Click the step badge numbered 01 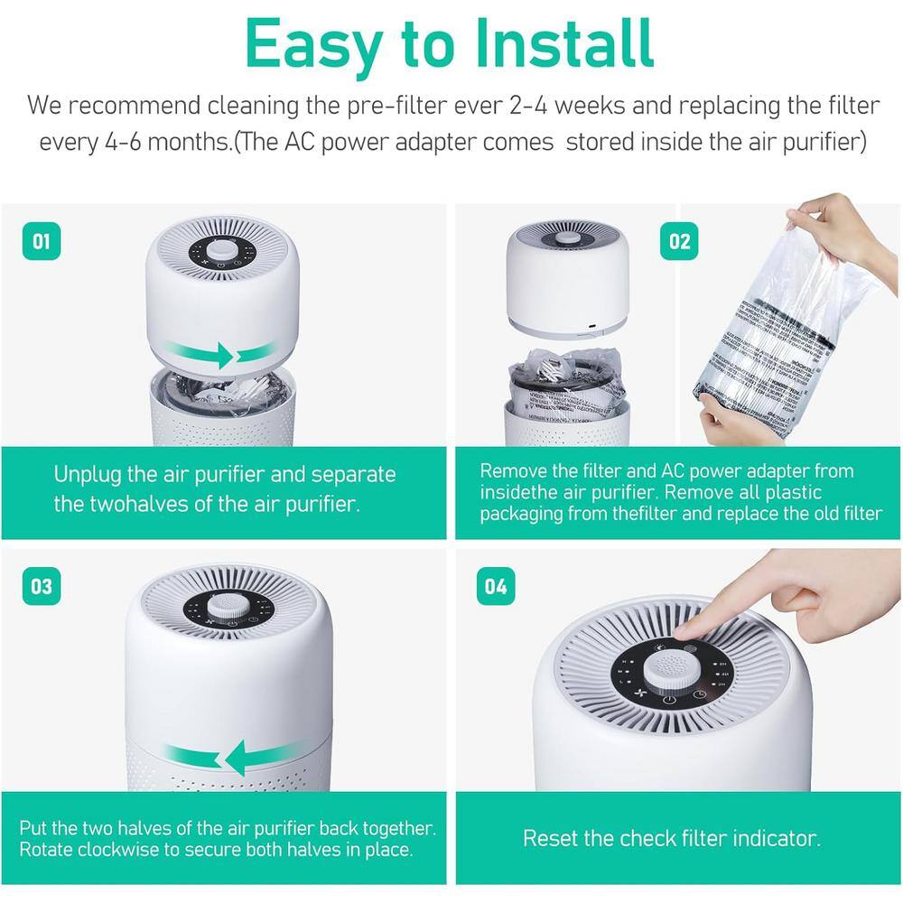coord(42,241)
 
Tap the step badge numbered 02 coord(679,241)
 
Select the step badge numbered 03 coord(42,586)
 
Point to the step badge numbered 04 coord(496,586)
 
